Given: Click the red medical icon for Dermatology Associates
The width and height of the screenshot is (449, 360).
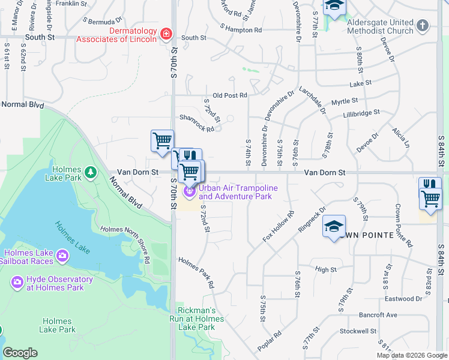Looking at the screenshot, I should point(166,34).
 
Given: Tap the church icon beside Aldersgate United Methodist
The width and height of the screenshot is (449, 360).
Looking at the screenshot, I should point(423,25).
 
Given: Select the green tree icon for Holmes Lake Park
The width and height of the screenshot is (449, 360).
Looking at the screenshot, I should point(91,173).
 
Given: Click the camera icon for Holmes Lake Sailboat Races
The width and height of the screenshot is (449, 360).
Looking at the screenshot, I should point(62,257).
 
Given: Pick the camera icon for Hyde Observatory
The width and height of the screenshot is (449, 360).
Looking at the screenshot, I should point(17,281).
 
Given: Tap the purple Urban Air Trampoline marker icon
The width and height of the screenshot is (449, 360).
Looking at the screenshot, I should point(190,191).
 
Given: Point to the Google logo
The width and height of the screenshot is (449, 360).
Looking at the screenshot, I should point(20,353).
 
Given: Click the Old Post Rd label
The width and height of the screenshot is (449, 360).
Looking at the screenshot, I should point(230,95).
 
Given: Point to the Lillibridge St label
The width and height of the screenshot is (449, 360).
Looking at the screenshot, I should point(361,113).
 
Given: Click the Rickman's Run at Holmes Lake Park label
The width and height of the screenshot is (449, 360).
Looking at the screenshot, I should point(200,319).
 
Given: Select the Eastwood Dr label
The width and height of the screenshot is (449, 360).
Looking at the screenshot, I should point(403,298).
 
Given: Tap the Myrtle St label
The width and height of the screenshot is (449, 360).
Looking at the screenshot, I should point(345,101).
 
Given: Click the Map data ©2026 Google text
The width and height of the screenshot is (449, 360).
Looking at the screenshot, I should point(412,355).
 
